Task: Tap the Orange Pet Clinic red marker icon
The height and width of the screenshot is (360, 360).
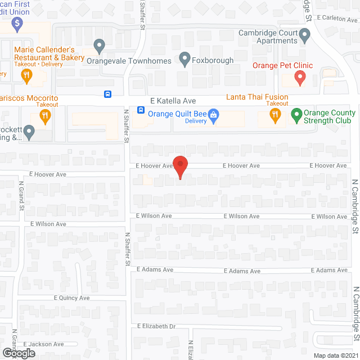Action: point(300,78)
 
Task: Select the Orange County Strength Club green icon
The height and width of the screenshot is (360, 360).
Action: point(296,116)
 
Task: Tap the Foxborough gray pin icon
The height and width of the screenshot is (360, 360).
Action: point(184,57)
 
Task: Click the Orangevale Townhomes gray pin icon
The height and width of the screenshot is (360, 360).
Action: point(100,45)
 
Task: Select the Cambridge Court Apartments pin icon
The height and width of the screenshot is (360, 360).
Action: point(304,36)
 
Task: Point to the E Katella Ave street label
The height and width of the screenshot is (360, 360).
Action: point(173,101)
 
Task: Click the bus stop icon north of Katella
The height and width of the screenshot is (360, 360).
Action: point(107,94)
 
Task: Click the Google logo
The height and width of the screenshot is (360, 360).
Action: point(18,353)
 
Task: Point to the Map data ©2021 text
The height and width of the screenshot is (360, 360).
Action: point(335,355)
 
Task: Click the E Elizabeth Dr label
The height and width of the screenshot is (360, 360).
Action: point(156,326)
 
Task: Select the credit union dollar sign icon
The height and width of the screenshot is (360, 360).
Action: point(17,24)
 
